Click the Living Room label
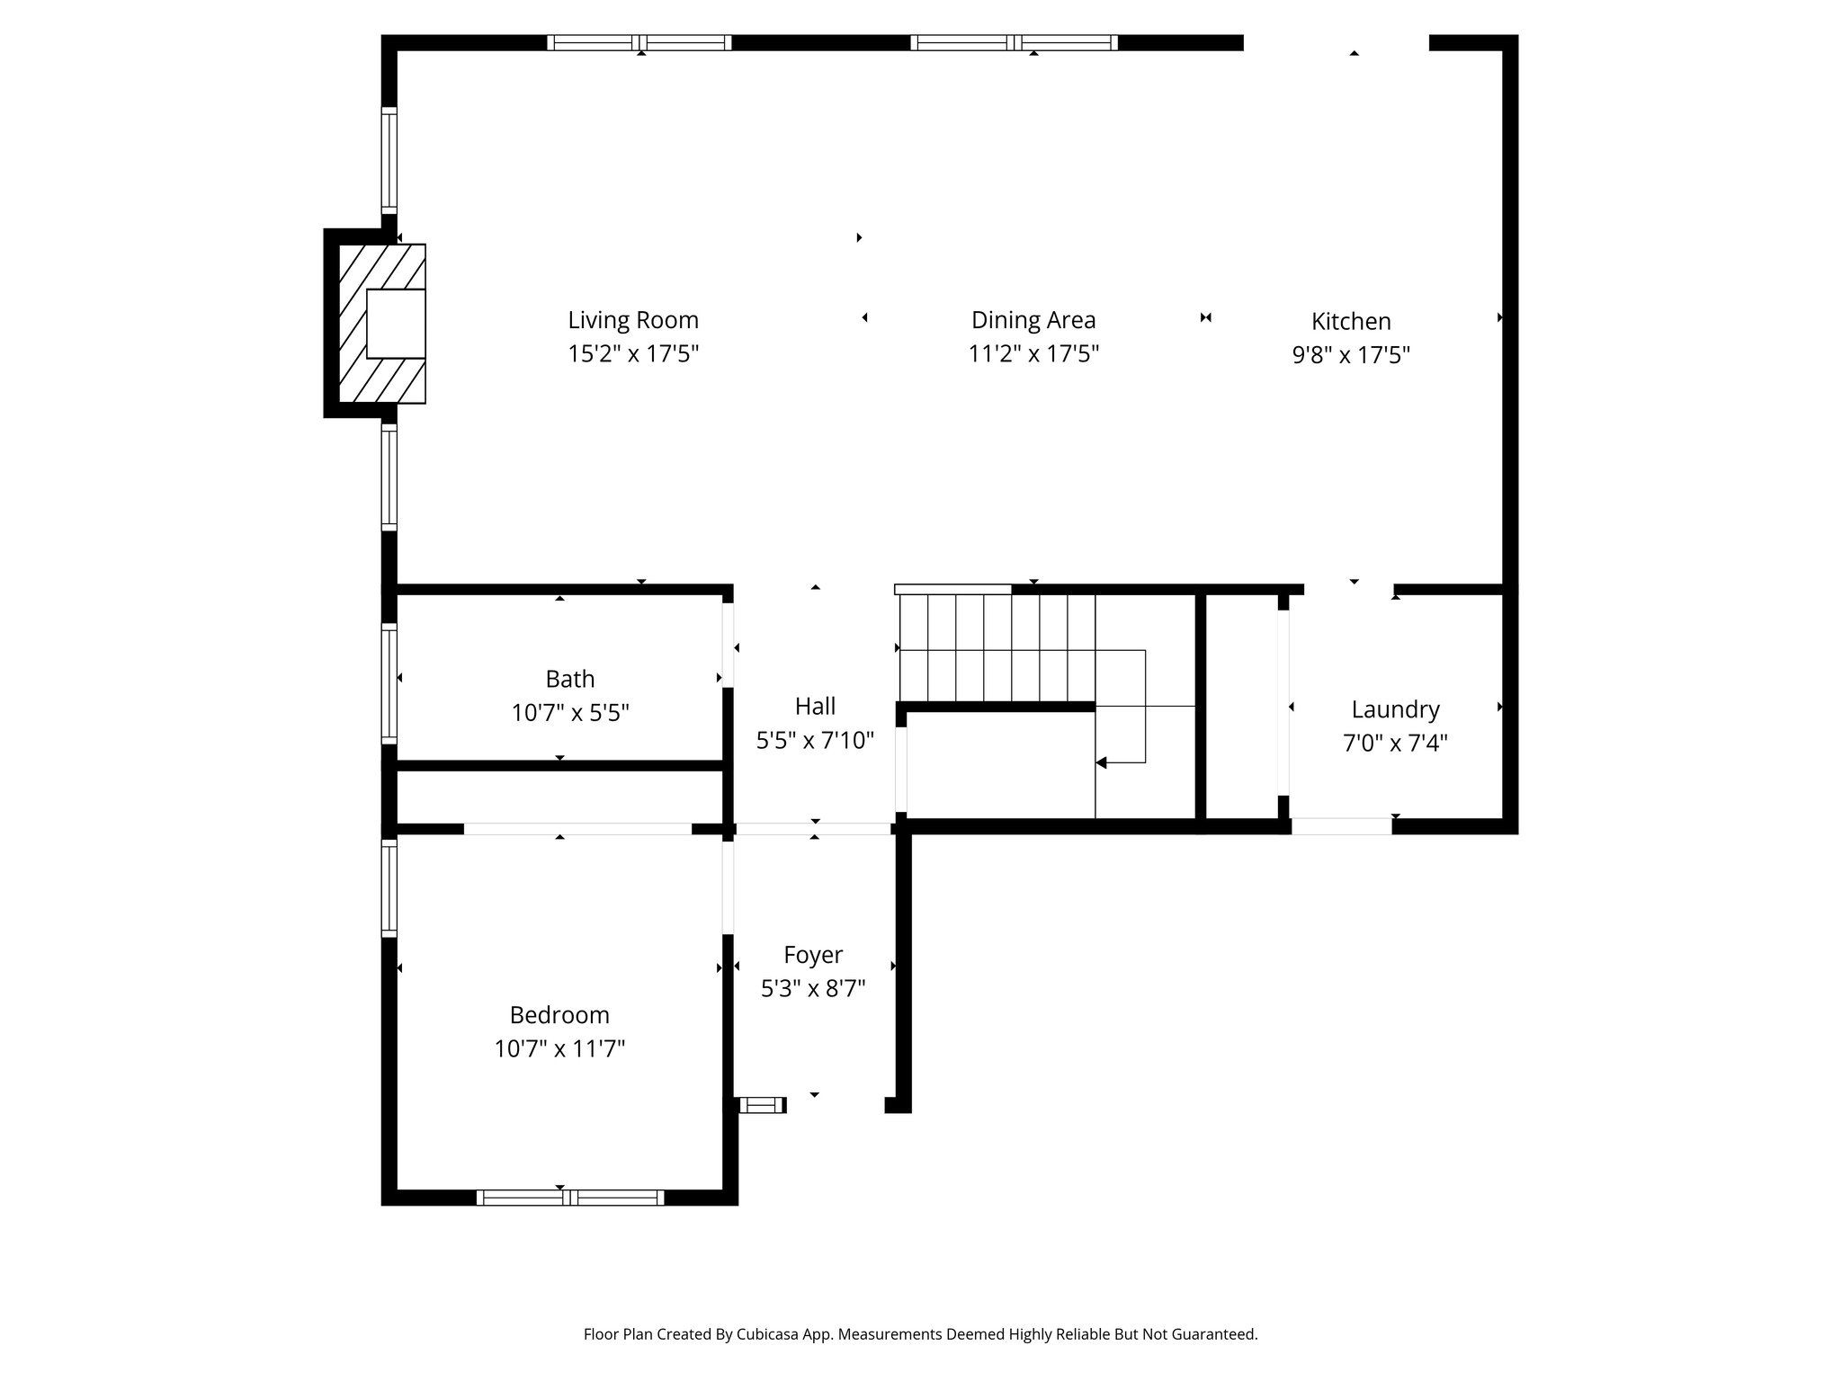coord(632,320)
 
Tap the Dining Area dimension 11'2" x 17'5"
coord(1033,353)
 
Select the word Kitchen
coord(1351,321)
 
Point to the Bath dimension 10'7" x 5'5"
coord(569,713)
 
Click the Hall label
coord(815,707)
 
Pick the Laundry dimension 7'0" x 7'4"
coord(1395,744)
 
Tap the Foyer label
coord(813,955)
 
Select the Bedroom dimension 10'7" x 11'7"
coord(559,1049)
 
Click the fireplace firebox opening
coord(396,324)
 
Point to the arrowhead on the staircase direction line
coord(1101,762)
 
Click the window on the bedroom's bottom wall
coord(570,1198)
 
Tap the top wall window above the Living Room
coord(639,42)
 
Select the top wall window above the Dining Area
coord(1014,42)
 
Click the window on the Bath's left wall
coord(389,683)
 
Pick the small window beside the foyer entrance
coord(762,1105)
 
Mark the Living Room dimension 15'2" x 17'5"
coord(632,353)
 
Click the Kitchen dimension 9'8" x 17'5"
coord(1351,355)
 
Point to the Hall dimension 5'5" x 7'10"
coord(815,741)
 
